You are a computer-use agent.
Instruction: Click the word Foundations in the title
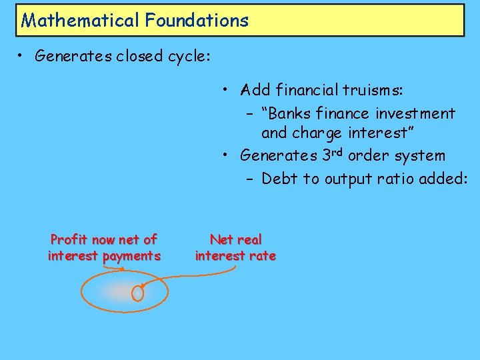pos(194,20)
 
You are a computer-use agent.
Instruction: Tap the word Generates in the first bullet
pos(73,56)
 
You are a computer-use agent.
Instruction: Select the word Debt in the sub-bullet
pos(280,179)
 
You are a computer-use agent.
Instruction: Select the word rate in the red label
pos(262,256)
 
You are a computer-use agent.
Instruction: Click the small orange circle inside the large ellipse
pos(138,293)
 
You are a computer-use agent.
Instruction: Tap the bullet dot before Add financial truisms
pos(227,90)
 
